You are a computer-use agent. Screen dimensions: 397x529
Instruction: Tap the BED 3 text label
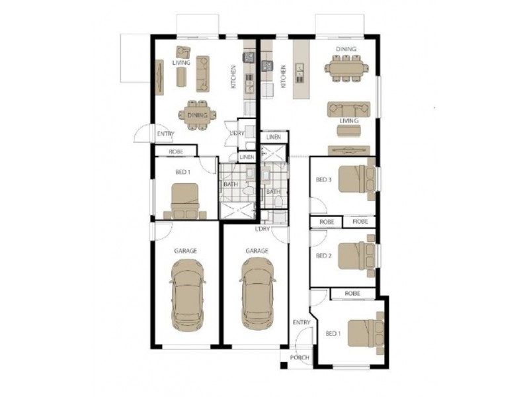[322, 179]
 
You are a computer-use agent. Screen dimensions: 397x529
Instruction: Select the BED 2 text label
[322, 255]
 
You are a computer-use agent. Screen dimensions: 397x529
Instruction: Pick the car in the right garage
[257, 293]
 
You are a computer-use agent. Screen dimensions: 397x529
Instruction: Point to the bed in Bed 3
[357, 179]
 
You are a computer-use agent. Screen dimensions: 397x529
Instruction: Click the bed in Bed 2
[357, 255]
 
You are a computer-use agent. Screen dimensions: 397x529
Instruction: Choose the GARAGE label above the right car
[257, 251]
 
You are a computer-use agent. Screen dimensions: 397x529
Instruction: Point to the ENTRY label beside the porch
[302, 322]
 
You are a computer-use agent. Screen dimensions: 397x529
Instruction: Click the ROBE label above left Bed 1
[176, 152]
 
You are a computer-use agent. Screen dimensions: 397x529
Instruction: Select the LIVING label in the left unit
[181, 63]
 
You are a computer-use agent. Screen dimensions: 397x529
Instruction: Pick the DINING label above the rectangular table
[346, 49]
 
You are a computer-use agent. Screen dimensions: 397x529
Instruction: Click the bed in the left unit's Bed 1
[185, 200]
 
